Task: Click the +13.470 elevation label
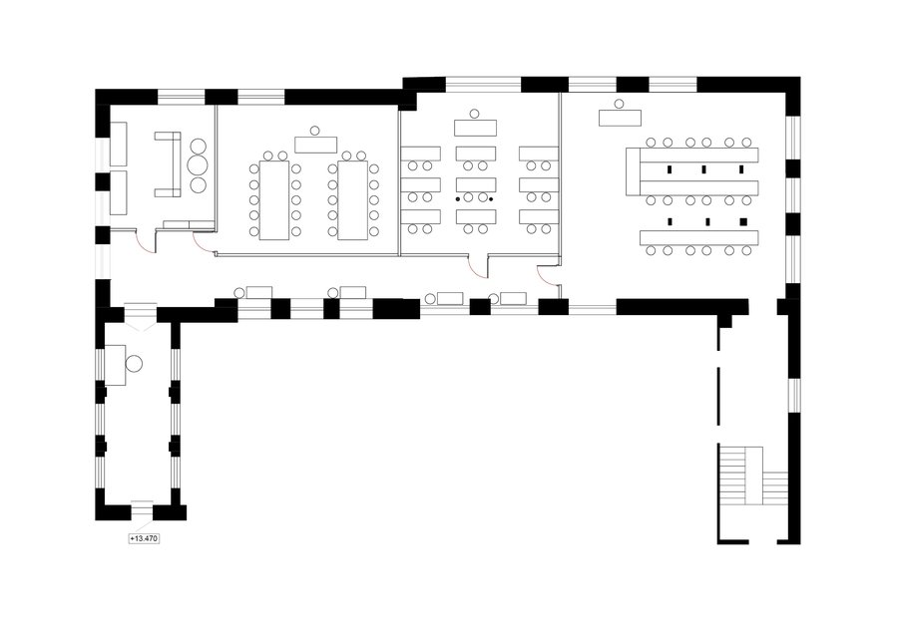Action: (x=144, y=538)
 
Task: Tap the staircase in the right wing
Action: (x=753, y=475)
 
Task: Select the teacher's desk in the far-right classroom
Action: (x=620, y=118)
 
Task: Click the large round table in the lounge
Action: (x=199, y=165)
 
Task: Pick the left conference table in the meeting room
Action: (x=274, y=200)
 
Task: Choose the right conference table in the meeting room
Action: (x=352, y=200)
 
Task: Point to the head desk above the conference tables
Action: (x=315, y=145)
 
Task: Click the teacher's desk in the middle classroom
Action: (x=475, y=128)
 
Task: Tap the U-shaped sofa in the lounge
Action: (x=169, y=164)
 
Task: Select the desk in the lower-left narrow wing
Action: (x=115, y=365)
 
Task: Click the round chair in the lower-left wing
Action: (x=134, y=364)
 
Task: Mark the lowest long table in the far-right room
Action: (x=698, y=238)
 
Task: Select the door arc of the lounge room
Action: (x=145, y=243)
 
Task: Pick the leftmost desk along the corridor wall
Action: (x=258, y=292)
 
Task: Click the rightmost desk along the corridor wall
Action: (x=513, y=298)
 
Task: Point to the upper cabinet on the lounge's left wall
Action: (x=118, y=144)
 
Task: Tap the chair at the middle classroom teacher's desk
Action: (x=474, y=114)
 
